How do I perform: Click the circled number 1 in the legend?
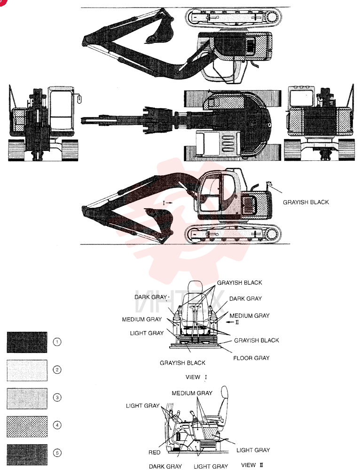(x=57, y=342)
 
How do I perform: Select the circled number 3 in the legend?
(x=57, y=398)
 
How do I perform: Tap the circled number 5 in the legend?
(x=57, y=453)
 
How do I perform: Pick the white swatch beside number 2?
(x=27, y=370)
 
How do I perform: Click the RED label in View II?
(x=155, y=452)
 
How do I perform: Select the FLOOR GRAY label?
(x=251, y=358)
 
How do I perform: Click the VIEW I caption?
(x=196, y=377)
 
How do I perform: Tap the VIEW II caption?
(x=252, y=465)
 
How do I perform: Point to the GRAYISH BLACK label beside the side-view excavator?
(x=306, y=202)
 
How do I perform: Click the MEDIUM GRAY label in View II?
(x=192, y=393)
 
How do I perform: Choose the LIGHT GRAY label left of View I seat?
(x=147, y=333)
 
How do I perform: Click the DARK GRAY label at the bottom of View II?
(x=165, y=466)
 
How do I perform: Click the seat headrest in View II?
(x=225, y=393)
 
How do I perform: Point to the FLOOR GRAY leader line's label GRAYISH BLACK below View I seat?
(x=182, y=363)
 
